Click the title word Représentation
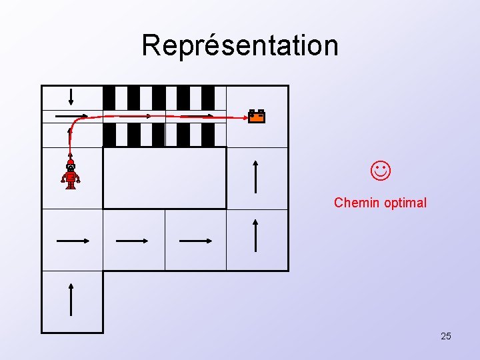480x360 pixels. (x=240, y=45)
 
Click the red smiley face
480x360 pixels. (x=381, y=171)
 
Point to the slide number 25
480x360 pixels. (x=446, y=336)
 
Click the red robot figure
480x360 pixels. (x=71, y=175)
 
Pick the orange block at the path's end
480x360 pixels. (x=257, y=117)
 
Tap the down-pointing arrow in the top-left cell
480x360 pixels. (x=71, y=97)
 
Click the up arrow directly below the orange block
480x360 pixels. (x=257, y=175)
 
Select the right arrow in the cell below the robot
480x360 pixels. (x=72, y=240)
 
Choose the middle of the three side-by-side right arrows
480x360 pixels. (x=133, y=240)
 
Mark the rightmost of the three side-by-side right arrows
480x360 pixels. (x=195, y=240)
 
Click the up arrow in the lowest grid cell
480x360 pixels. (x=71, y=299)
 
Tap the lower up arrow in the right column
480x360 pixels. (x=257, y=235)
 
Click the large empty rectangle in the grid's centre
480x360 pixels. (x=164, y=177)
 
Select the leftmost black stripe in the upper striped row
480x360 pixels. (x=109, y=97)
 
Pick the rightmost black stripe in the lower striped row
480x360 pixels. (x=208, y=135)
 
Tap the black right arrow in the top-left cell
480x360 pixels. (x=71, y=115)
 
